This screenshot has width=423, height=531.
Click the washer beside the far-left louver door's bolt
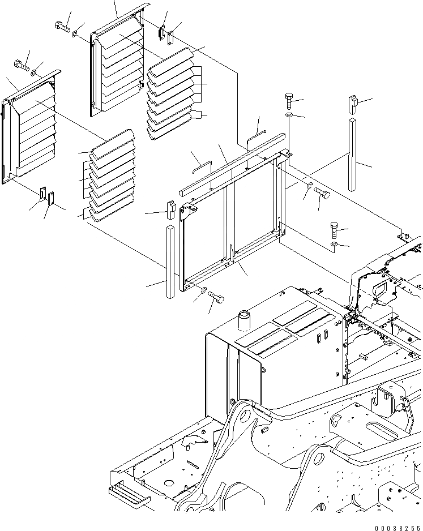(35, 72)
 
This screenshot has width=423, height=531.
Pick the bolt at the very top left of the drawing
(61, 25)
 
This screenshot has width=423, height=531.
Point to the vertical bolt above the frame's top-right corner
(289, 101)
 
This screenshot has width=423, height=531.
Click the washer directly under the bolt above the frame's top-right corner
(289, 115)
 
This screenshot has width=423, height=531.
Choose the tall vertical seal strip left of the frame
(170, 262)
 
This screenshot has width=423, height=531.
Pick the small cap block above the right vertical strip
(352, 104)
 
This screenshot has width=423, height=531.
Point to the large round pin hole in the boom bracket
(245, 418)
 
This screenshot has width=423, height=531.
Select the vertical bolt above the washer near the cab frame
(334, 232)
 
